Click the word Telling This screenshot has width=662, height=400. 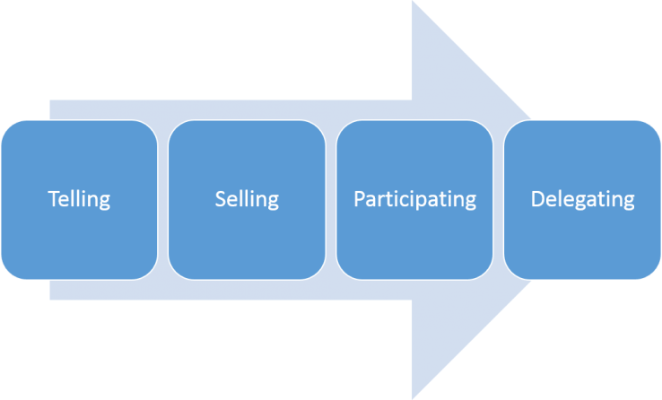point(79,198)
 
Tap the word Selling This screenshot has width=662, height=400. point(247,198)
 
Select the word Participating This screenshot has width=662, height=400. point(414,199)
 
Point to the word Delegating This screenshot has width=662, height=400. point(582,199)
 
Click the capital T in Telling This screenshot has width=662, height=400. point(52,198)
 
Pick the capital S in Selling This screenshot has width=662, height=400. point(220,198)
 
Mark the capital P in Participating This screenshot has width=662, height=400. point(359,198)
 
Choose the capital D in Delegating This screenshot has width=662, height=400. point(536,198)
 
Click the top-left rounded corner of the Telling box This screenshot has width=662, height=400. point(9,128)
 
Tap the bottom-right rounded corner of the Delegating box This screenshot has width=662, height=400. point(652,270)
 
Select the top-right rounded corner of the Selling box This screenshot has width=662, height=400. point(317,128)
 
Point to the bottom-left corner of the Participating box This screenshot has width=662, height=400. point(344,270)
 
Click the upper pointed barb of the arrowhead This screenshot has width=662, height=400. point(414,5)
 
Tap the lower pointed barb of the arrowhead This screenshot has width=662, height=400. point(414,394)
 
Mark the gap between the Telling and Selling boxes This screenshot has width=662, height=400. point(162,199)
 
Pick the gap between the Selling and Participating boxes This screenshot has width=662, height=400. point(330,199)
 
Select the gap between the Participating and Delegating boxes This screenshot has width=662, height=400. point(498,199)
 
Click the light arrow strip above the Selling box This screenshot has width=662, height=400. point(247,109)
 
